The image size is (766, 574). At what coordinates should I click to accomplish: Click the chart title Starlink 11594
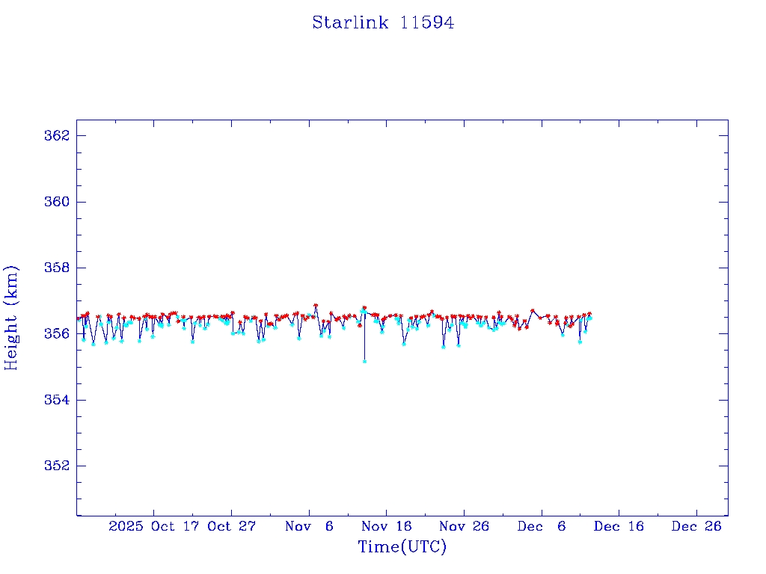383,22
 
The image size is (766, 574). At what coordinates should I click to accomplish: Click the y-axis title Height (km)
11,318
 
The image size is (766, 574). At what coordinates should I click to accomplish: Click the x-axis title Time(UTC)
402,547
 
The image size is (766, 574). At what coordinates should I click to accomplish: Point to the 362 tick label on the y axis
57,136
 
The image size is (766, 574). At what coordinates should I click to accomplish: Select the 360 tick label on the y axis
57,202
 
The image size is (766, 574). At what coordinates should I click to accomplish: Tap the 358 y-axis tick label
57,268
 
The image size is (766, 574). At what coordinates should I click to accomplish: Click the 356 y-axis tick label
57,333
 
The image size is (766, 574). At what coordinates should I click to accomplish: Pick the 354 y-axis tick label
57,400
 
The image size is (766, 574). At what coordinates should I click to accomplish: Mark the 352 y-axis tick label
57,466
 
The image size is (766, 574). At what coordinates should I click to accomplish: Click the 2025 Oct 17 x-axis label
153,526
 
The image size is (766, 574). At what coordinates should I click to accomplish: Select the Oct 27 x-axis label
231,526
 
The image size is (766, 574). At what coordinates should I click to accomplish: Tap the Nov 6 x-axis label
309,526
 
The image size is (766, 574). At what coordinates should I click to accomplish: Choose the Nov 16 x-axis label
386,526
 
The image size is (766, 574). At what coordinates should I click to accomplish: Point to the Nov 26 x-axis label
464,526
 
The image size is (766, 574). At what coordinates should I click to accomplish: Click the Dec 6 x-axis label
542,526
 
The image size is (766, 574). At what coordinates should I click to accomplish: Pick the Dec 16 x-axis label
619,526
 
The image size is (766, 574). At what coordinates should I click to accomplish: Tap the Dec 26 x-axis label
696,526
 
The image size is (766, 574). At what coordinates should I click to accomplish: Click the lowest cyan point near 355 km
364,361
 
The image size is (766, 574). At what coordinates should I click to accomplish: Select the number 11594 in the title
427,22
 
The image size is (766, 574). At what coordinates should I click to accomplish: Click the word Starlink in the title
351,22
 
